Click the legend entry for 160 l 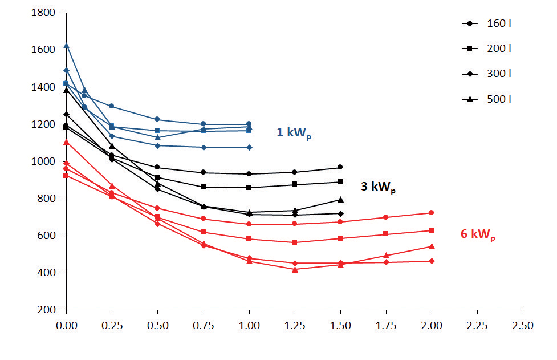(x=486, y=23)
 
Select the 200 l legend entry (x=486, y=48)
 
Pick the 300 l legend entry (x=486, y=74)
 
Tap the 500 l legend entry (x=486, y=99)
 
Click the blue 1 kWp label (x=294, y=134)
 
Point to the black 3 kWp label (x=378, y=187)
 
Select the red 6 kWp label (x=478, y=234)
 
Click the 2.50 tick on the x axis (x=523, y=326)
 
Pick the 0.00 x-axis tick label (x=67, y=326)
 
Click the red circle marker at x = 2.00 (x=432, y=213)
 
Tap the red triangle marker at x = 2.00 (x=432, y=246)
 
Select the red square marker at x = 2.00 (x=432, y=230)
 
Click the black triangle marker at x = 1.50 (x=340, y=200)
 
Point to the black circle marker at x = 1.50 (x=340, y=167)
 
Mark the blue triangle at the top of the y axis (x=67, y=46)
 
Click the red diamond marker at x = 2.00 (x=432, y=261)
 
